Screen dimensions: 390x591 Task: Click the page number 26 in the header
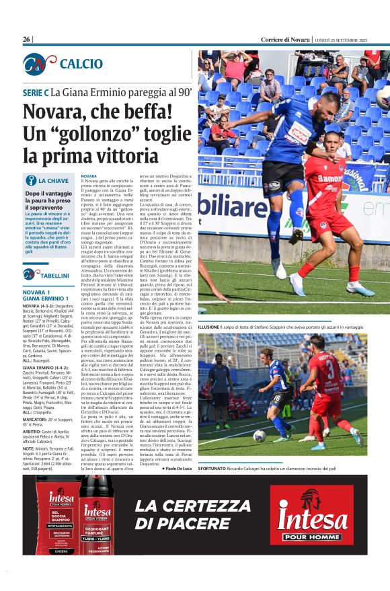27,40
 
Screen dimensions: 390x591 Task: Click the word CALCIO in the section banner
81,64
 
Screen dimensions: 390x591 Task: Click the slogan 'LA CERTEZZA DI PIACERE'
193,514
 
